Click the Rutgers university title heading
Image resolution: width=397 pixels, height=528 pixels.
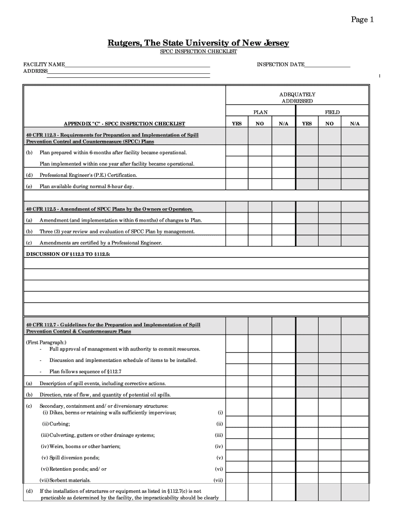click(198, 43)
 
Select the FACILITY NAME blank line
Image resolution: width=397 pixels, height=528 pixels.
click(137, 65)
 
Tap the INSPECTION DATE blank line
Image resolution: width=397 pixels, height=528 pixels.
click(327, 65)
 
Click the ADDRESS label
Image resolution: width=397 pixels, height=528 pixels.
click(35, 71)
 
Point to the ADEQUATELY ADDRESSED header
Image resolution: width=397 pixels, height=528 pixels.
click(297, 98)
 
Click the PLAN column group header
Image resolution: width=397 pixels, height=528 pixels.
click(260, 112)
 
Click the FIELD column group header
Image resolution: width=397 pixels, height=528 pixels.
click(332, 112)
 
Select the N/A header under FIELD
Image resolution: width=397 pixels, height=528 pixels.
click(355, 124)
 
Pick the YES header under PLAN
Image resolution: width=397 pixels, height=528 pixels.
click(237, 124)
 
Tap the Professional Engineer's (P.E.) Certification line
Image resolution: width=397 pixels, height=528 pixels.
click(88, 175)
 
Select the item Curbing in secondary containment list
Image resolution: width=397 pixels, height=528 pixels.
click(56, 424)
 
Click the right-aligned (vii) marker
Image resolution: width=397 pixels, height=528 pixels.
click(218, 480)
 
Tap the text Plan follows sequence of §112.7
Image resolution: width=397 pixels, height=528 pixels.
click(85, 371)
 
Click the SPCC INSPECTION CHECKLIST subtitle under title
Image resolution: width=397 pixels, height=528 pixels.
click(198, 53)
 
